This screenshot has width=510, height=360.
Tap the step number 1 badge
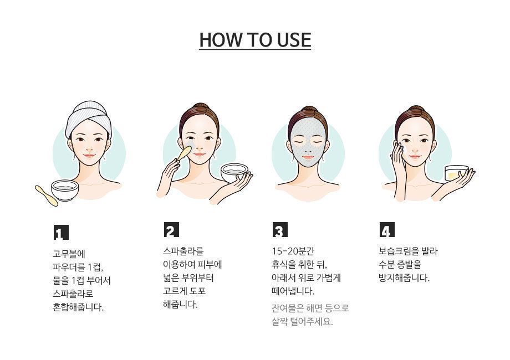coord(61,232)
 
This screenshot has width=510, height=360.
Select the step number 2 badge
coord(171,229)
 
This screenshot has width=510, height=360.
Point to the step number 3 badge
coord(280,229)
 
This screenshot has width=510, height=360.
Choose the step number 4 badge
coord(387,229)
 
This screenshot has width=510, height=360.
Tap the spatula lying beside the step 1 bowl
coord(47,196)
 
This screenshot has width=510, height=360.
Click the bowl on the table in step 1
coord(65,190)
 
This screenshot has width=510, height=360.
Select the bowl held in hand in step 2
coord(234,173)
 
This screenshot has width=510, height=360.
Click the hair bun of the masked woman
coord(307,110)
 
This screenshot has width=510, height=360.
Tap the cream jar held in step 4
coord(456,173)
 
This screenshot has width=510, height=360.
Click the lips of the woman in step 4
coord(415,157)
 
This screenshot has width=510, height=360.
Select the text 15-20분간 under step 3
coord(293,251)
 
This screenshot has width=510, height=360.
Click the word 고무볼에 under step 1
coord(69,254)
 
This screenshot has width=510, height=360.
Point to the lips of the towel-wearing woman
coord(89,156)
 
